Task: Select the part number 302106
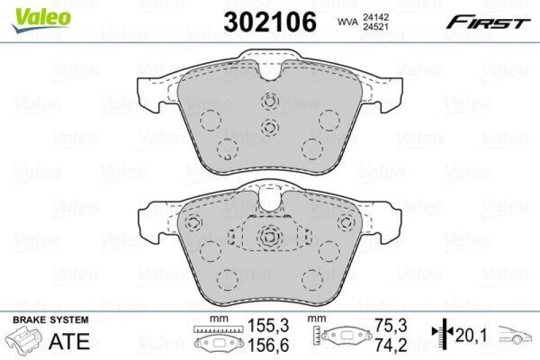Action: pos(270,22)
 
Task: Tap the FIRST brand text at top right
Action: pos(487,22)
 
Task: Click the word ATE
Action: pos(70,341)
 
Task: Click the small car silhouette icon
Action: pos(516,335)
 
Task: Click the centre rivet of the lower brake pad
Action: pos(270,237)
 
